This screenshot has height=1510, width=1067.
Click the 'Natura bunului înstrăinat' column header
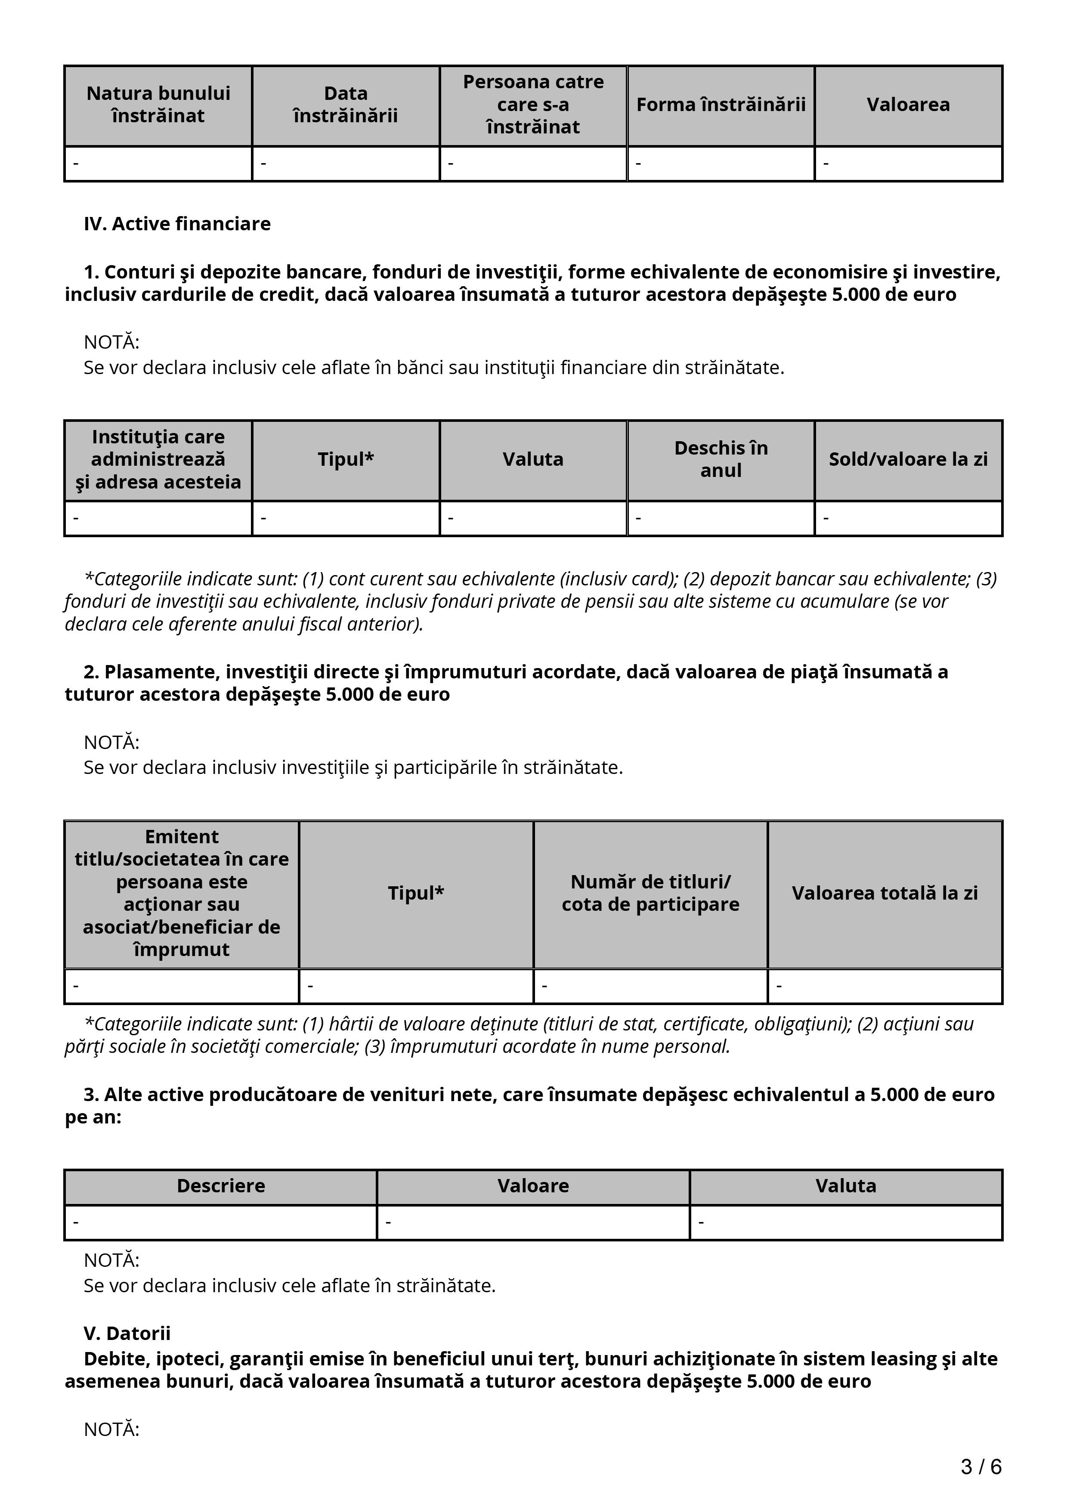[x=158, y=105]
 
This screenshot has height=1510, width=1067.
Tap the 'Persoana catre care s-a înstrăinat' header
[x=533, y=105]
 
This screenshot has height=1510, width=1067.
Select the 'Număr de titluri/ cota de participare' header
[x=650, y=893]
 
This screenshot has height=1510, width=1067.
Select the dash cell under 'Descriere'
[x=221, y=1222]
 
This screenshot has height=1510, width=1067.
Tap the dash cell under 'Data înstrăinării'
[x=346, y=163]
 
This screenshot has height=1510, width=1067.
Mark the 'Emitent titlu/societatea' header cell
[x=182, y=893]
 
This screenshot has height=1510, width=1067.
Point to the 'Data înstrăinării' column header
[x=346, y=105]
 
